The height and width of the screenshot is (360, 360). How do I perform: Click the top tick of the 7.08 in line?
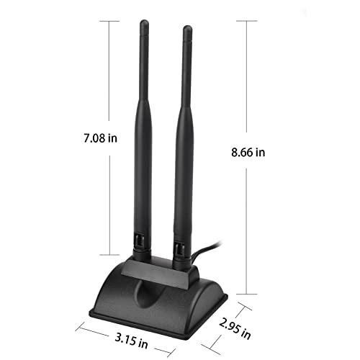click(109, 21)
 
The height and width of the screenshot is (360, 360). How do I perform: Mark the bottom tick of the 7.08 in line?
click(109, 254)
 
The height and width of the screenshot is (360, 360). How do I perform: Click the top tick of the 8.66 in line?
click(247, 21)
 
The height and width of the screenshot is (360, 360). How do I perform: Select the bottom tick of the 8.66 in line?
click(247, 294)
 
